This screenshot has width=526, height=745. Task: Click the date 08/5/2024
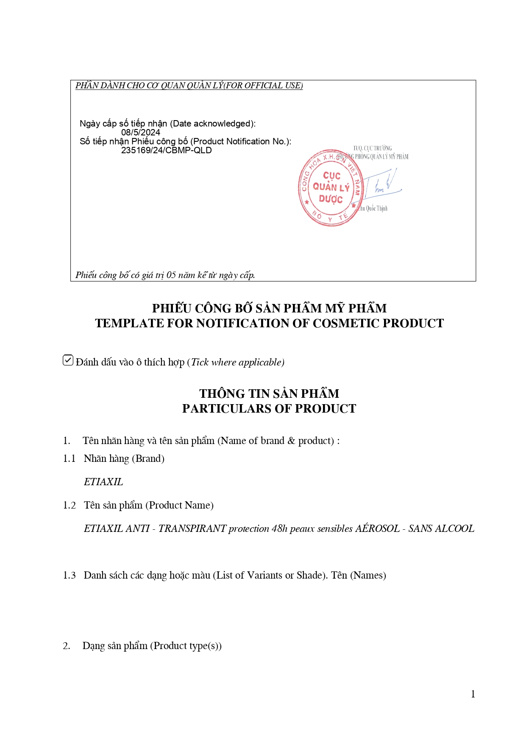click(141, 132)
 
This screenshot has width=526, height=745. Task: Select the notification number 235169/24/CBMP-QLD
click(166, 150)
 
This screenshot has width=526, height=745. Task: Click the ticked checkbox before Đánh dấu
click(68, 360)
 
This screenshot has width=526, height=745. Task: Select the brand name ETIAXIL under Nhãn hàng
click(103, 482)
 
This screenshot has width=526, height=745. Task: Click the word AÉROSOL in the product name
click(377, 529)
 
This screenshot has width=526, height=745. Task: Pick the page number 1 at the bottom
click(473, 694)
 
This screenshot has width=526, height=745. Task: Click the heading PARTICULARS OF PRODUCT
click(269, 408)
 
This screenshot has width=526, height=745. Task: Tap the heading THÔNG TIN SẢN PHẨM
click(269, 394)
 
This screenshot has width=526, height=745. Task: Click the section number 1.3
click(69, 575)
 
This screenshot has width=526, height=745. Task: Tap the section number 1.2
click(69, 505)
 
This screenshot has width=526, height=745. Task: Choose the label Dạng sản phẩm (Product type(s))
click(152, 646)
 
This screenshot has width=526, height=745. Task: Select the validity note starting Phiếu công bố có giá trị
click(165, 275)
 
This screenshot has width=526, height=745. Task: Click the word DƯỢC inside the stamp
click(331, 199)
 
